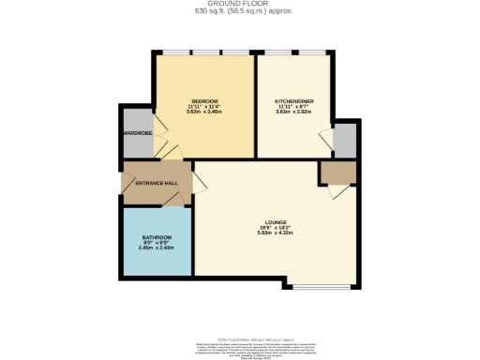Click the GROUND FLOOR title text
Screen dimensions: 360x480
[x=240, y=5]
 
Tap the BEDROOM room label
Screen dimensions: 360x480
[x=204, y=101]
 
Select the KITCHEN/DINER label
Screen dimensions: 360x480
[x=292, y=101]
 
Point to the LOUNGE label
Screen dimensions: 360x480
[x=275, y=222]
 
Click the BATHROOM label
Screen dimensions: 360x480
[x=157, y=237]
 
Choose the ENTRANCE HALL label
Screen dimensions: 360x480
[x=157, y=183]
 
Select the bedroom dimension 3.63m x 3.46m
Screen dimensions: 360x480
[x=204, y=112]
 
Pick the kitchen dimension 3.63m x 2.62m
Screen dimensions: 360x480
[x=292, y=112]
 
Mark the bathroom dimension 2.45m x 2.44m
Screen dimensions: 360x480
[x=157, y=248]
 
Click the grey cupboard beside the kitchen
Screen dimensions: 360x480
[x=345, y=140]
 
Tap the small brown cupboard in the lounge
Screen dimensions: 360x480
[x=336, y=172]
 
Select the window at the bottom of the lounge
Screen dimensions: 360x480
[x=308, y=285]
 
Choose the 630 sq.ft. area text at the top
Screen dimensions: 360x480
[x=240, y=14]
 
